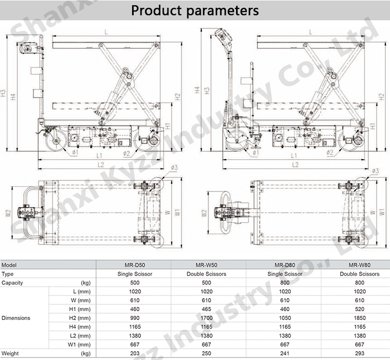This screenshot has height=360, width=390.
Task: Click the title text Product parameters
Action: [x=194, y=10]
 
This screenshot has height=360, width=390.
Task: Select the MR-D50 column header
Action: [x=134, y=264]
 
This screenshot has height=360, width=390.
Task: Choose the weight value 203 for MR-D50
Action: [x=134, y=354]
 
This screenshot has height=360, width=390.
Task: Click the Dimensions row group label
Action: [x=16, y=318]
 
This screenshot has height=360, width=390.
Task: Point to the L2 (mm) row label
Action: [x=80, y=336]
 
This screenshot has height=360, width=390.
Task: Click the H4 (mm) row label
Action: [x=80, y=327]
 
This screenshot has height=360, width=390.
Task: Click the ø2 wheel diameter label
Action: [x=126, y=153]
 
